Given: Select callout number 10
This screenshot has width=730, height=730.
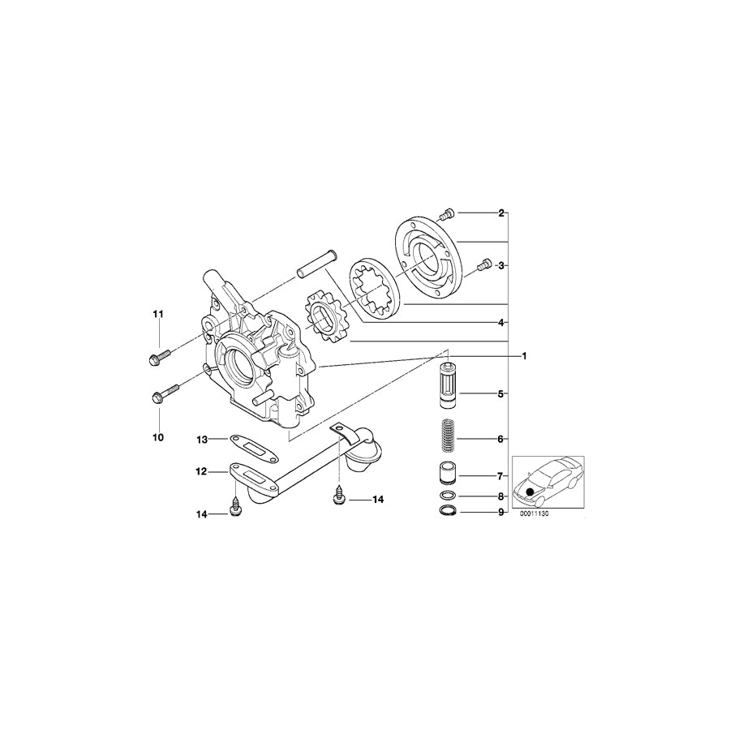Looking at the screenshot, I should click(x=158, y=437).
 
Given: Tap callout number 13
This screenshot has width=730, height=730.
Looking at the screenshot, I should click(x=203, y=440).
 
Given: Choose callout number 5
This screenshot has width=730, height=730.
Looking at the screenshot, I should click(x=501, y=394).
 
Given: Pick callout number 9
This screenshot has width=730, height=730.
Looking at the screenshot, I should click(x=501, y=513).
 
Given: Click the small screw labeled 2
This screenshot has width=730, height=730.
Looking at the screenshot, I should click(x=444, y=213).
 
